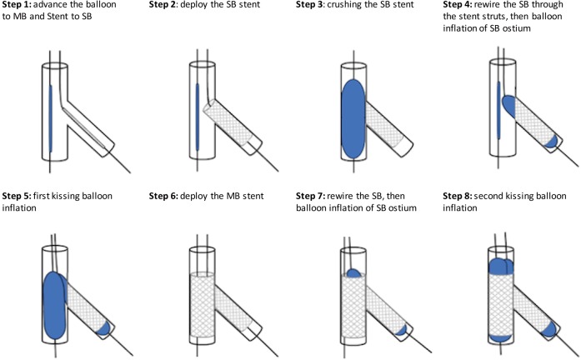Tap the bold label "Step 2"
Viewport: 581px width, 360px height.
[163, 6]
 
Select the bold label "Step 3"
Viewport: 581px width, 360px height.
[311, 6]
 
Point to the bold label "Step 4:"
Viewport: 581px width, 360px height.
[455, 6]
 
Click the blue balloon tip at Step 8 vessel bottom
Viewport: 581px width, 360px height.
[498, 336]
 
